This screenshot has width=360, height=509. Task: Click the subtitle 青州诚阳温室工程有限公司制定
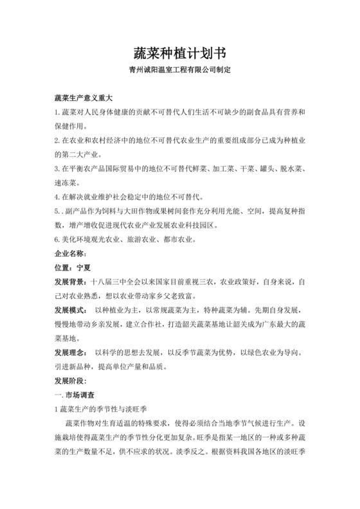[179, 69]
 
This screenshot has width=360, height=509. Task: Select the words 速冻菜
[67, 182]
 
